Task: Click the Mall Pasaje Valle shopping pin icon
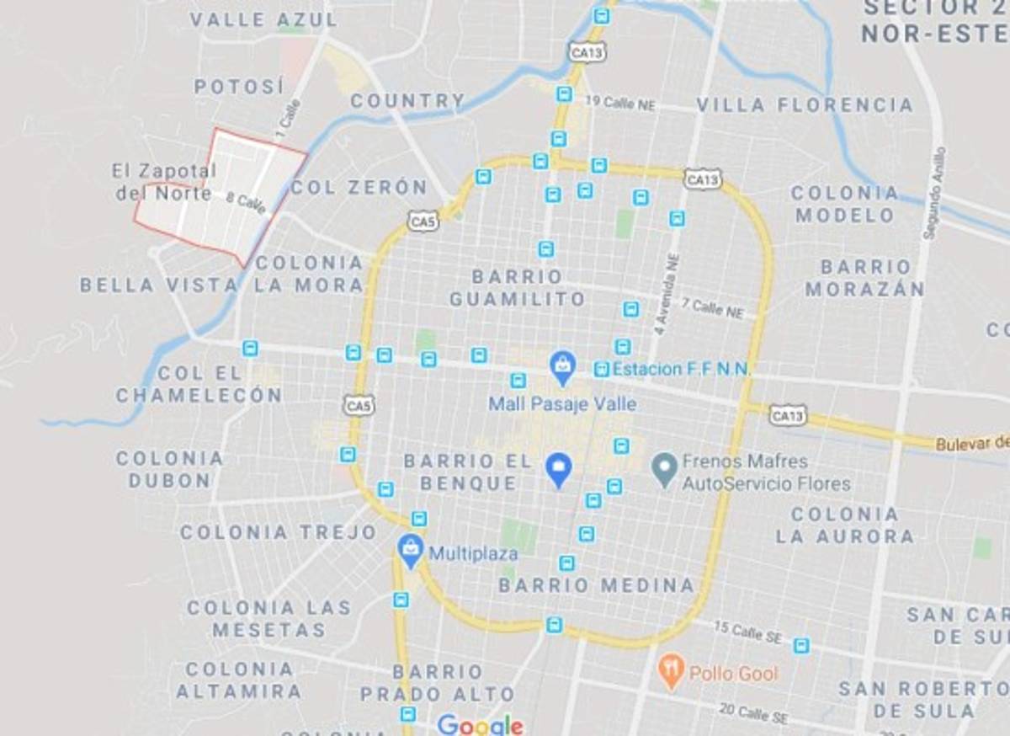561,365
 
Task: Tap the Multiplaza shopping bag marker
411,550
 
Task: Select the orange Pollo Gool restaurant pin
671,671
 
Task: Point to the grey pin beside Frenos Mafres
665,468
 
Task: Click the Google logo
480,724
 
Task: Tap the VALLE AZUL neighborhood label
263,19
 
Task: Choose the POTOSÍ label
239,86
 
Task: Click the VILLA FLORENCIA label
805,105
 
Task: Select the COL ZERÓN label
359,187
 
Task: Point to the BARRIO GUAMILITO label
517,287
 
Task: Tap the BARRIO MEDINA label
596,585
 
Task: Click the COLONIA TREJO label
279,532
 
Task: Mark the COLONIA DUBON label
169,469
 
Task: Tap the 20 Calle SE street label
753,714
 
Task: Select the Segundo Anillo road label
934,194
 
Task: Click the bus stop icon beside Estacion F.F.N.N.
601,369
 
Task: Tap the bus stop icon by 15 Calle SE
801,645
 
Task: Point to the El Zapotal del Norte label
164,181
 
